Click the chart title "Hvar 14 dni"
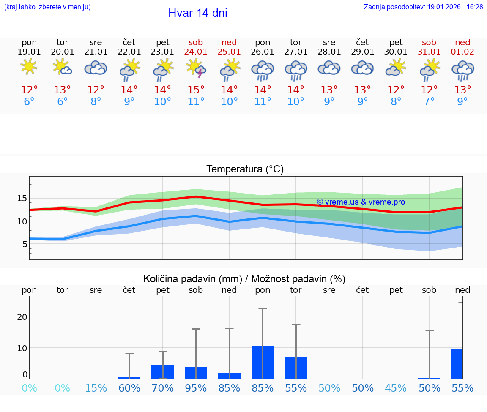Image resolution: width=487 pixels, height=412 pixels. (197, 13)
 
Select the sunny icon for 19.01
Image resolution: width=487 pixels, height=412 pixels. (29, 67)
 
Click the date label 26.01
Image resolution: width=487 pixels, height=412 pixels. (263, 52)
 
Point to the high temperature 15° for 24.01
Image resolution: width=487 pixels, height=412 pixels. (196, 90)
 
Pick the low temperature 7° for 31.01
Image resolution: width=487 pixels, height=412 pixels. (430, 102)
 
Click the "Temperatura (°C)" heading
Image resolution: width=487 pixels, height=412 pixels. (245, 169)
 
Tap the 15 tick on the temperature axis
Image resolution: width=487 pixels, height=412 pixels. (22, 198)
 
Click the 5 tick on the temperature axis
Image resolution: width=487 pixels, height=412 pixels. (25, 244)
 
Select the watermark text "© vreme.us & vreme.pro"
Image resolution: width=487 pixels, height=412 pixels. (361, 202)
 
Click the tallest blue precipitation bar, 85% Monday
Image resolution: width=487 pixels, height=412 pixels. (263, 363)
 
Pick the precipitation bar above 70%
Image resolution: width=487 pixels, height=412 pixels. (163, 372)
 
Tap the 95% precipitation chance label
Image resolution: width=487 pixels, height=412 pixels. (196, 388)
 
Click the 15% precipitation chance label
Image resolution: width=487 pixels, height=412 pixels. (96, 388)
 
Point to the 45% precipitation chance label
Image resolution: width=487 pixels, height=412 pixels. (396, 388)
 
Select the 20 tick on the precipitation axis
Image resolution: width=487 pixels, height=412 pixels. (22, 317)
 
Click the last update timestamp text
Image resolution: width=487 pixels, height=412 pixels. (423, 7)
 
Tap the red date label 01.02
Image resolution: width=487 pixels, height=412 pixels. (462, 52)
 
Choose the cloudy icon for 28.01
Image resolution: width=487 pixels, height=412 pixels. (329, 68)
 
